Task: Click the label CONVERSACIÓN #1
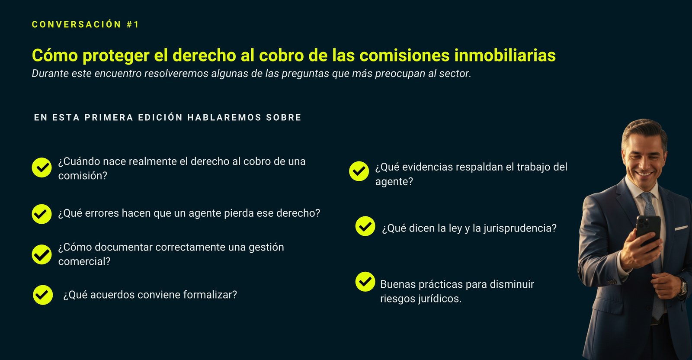point(86,24)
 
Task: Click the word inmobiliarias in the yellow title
point(505,55)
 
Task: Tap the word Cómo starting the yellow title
point(55,55)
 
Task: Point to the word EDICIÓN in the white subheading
point(160,117)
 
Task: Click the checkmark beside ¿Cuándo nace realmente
point(42,167)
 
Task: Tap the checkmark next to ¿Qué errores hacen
point(42,214)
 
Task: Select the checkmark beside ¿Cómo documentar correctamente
point(42,254)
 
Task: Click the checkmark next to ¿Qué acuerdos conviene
point(43,295)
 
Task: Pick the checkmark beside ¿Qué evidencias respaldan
point(359,171)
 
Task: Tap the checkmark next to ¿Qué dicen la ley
point(365,226)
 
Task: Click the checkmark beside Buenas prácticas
point(365,282)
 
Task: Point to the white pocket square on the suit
point(681,228)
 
